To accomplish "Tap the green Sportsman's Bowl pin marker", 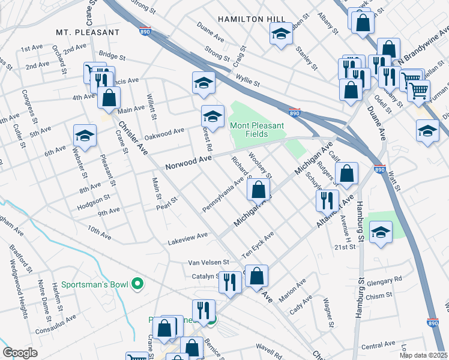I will click(137, 283).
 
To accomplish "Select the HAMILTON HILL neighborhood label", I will click(249, 19).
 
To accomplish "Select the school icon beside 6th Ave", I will click(85, 136).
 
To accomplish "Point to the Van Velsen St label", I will click(209, 262).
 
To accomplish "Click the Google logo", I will click(20, 353).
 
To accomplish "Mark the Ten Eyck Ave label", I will click(258, 245).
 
